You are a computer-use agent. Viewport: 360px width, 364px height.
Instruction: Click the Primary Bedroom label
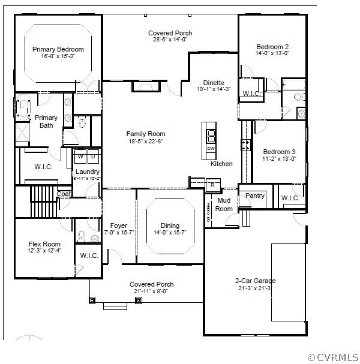coord(58,49)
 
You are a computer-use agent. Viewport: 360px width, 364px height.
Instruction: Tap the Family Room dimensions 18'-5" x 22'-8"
coord(145,142)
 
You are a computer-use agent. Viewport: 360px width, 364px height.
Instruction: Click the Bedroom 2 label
coord(272,47)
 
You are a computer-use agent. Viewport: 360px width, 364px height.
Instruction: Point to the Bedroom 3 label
coord(279,151)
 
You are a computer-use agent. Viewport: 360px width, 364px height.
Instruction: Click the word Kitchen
coord(221,164)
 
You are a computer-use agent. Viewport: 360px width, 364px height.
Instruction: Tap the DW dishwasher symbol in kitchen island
coord(211,148)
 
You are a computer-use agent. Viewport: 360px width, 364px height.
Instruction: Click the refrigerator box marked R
coord(212,185)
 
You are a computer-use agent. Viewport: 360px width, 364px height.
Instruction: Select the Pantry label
coord(255,195)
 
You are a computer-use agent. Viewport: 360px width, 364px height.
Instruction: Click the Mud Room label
coord(224,204)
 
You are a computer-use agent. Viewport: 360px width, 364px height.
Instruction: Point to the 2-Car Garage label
coord(256,280)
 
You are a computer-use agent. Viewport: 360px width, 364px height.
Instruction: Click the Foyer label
coord(119,226)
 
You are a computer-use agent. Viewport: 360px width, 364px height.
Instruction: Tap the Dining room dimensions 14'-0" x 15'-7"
coord(170,233)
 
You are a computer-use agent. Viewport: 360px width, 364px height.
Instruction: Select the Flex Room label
coord(44,244)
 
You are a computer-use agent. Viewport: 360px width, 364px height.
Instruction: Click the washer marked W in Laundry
coord(81,157)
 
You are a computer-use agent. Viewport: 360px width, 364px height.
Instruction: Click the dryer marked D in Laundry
coord(93,157)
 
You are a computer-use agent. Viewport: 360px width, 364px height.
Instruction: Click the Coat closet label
coord(64,194)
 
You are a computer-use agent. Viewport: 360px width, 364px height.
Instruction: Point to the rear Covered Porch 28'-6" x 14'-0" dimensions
coord(170,40)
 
